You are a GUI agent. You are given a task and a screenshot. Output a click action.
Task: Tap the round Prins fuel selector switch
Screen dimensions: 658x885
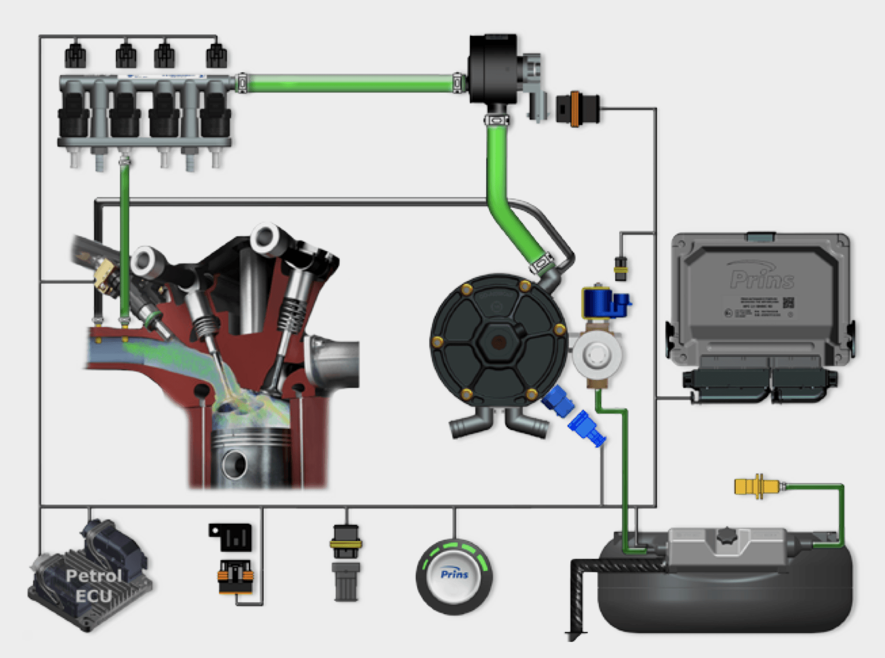(454, 576)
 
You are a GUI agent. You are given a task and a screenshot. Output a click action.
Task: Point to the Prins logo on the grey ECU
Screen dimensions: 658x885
(762, 279)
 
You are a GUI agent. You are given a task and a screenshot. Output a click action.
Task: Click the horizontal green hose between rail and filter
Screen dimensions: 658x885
(350, 84)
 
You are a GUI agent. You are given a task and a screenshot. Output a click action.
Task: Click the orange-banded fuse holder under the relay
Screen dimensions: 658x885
(236, 576)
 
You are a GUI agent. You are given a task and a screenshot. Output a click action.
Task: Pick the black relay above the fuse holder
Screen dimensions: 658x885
(232, 537)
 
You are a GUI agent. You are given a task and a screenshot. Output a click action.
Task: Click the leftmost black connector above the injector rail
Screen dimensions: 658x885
(75, 55)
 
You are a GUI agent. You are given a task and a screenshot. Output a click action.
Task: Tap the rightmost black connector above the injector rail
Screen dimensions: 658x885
(216, 55)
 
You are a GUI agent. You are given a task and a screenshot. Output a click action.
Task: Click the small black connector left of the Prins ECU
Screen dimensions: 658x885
(620, 269)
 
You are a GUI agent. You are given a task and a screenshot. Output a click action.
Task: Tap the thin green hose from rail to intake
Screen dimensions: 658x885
(124, 242)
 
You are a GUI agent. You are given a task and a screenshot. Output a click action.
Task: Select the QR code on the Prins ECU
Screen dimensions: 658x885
(788, 302)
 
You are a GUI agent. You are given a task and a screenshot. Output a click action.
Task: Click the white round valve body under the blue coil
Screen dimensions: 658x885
(597, 355)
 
